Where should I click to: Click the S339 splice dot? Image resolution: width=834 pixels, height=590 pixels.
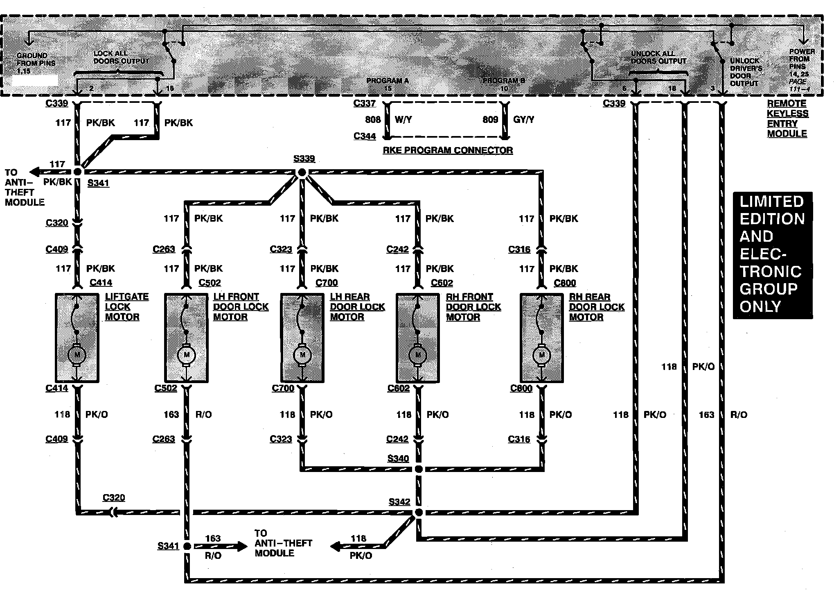click(x=302, y=172)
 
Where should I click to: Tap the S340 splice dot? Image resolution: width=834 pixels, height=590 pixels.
click(x=418, y=469)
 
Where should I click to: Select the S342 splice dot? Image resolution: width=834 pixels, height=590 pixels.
click(x=418, y=512)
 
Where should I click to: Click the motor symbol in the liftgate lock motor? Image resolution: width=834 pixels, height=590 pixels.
click(x=77, y=354)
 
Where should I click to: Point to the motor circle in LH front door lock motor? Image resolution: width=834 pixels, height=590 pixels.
click(x=187, y=354)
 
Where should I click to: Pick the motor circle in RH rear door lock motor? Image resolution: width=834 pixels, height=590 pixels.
click(x=542, y=354)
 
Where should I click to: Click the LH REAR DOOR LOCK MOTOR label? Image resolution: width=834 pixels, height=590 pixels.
click(x=357, y=306)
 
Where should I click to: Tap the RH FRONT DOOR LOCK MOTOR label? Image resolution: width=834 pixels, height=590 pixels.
click(x=473, y=306)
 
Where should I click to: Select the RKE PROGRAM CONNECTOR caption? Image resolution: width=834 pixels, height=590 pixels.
click(x=448, y=150)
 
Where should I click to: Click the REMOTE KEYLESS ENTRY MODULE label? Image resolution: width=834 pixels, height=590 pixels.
click(x=787, y=118)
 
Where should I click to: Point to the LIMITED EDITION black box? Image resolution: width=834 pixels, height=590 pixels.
click(x=772, y=254)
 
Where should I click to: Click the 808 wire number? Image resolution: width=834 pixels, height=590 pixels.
click(x=372, y=120)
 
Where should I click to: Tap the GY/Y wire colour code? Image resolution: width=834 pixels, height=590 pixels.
click(x=523, y=120)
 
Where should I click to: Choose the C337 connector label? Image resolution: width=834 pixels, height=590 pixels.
click(x=365, y=103)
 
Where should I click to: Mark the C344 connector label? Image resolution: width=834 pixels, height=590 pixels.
click(x=365, y=136)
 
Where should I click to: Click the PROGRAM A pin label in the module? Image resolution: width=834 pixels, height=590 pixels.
click(x=388, y=81)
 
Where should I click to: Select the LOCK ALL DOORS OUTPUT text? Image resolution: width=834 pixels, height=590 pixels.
click(x=121, y=57)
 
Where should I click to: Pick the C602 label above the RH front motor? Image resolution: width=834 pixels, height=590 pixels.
click(x=442, y=283)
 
